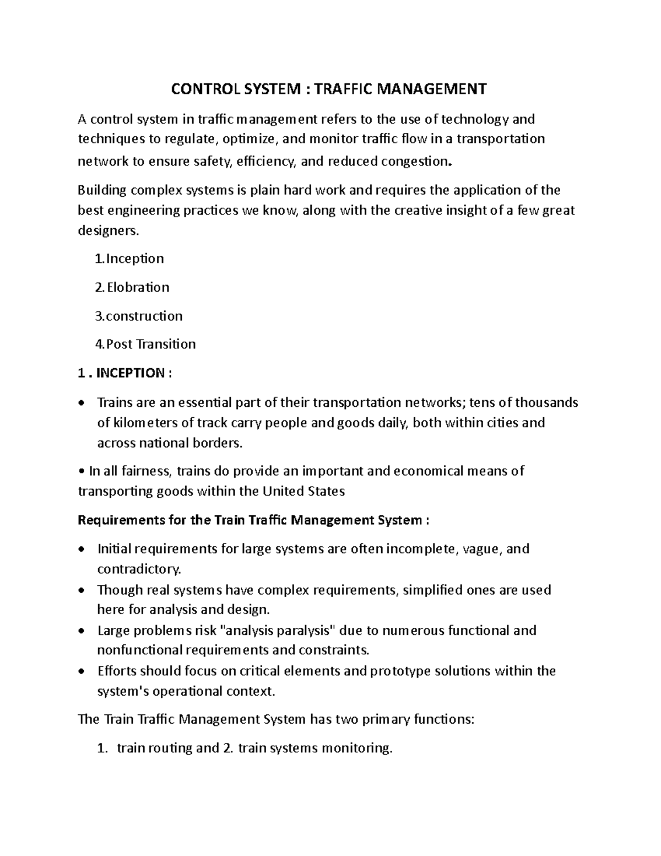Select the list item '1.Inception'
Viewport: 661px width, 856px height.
click(129, 259)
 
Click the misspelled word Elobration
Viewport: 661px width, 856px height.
click(138, 287)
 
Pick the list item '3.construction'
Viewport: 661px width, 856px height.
click(139, 316)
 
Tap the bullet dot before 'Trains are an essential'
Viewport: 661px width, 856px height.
click(82, 403)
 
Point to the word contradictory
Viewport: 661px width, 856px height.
click(138, 569)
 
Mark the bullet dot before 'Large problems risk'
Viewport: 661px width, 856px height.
click(82, 631)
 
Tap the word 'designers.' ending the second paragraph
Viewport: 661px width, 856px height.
click(109, 230)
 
